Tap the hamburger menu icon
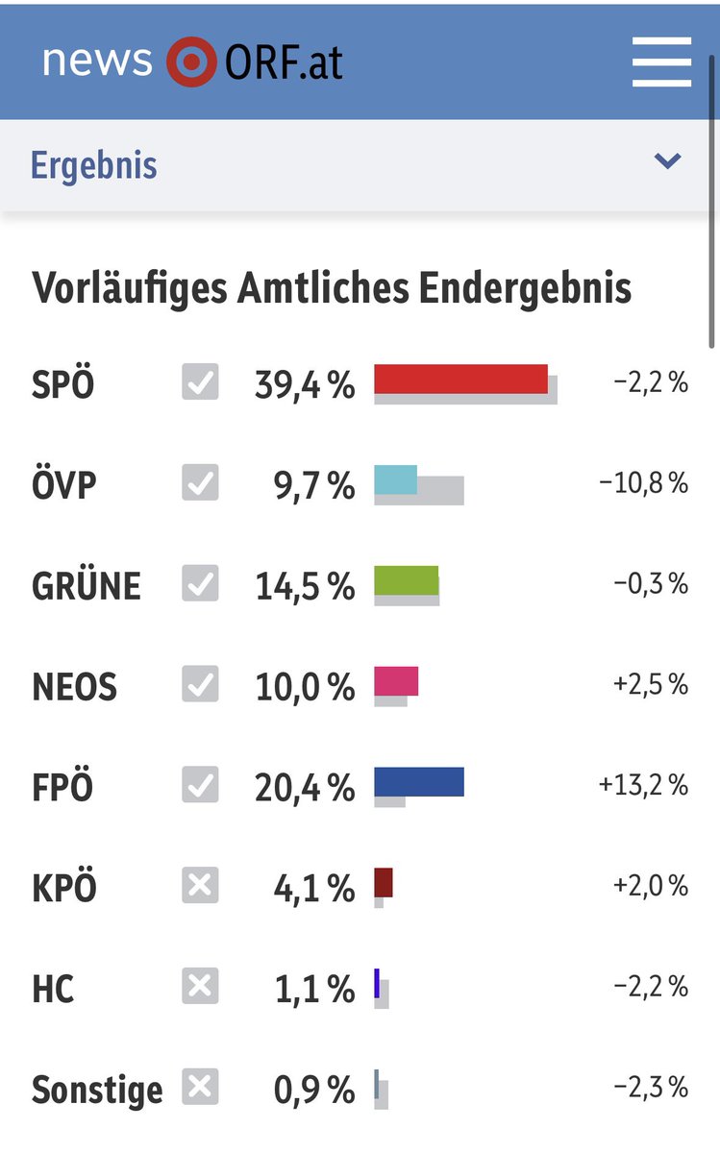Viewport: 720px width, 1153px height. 661,62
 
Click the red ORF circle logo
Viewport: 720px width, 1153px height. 191,62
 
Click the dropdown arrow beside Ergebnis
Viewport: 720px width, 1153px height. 667,161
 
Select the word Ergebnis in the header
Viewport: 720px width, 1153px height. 93,165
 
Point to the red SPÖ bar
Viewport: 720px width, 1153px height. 460,380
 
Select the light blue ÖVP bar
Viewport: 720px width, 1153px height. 395,479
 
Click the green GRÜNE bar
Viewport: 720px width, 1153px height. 406,580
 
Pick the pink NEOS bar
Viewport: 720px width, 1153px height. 396,680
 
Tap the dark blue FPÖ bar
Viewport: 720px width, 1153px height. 418,781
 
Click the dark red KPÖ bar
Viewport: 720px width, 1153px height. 384,882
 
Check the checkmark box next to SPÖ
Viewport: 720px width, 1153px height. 200,382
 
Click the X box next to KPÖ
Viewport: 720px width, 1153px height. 200,885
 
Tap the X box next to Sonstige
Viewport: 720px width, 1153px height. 200,1087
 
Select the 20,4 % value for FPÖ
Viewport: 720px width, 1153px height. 305,788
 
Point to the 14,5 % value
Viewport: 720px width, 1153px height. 305,587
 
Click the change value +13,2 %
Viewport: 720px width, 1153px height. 643,785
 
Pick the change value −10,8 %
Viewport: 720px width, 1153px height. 643,483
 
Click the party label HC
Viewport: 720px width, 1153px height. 53,989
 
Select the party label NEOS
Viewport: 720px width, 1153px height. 74,687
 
